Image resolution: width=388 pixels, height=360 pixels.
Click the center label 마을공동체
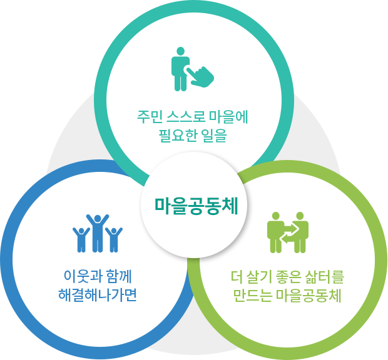click(x=197, y=206)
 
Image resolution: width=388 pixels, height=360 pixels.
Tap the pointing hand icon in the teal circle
click(x=200, y=77)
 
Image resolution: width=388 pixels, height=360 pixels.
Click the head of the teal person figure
click(x=181, y=51)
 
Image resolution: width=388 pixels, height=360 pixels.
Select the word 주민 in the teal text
click(x=150, y=117)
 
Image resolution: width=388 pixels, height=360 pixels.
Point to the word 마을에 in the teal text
click(x=228, y=117)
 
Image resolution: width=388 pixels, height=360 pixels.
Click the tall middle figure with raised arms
click(x=98, y=233)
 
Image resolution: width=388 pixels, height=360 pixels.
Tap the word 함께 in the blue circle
click(x=118, y=276)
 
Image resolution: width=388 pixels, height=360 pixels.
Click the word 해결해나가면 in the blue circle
click(x=98, y=295)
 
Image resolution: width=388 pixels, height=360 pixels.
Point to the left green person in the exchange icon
click(x=275, y=232)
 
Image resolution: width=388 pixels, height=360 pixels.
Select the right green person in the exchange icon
click(x=300, y=232)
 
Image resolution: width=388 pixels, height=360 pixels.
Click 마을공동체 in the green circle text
click(x=309, y=296)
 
